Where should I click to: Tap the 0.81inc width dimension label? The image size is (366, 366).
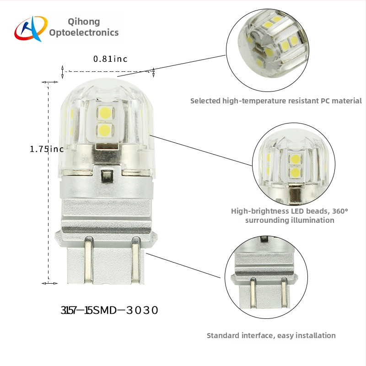click(x=110, y=59)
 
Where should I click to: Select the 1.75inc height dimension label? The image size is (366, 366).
click(x=46, y=149)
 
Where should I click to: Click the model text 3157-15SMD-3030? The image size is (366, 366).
click(x=109, y=310)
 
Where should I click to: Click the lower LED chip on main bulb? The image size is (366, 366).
click(x=105, y=129)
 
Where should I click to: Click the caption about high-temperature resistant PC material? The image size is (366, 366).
click(x=276, y=101)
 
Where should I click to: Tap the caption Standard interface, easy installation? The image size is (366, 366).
click(x=271, y=335)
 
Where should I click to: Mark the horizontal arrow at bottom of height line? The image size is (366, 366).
click(x=50, y=284)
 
